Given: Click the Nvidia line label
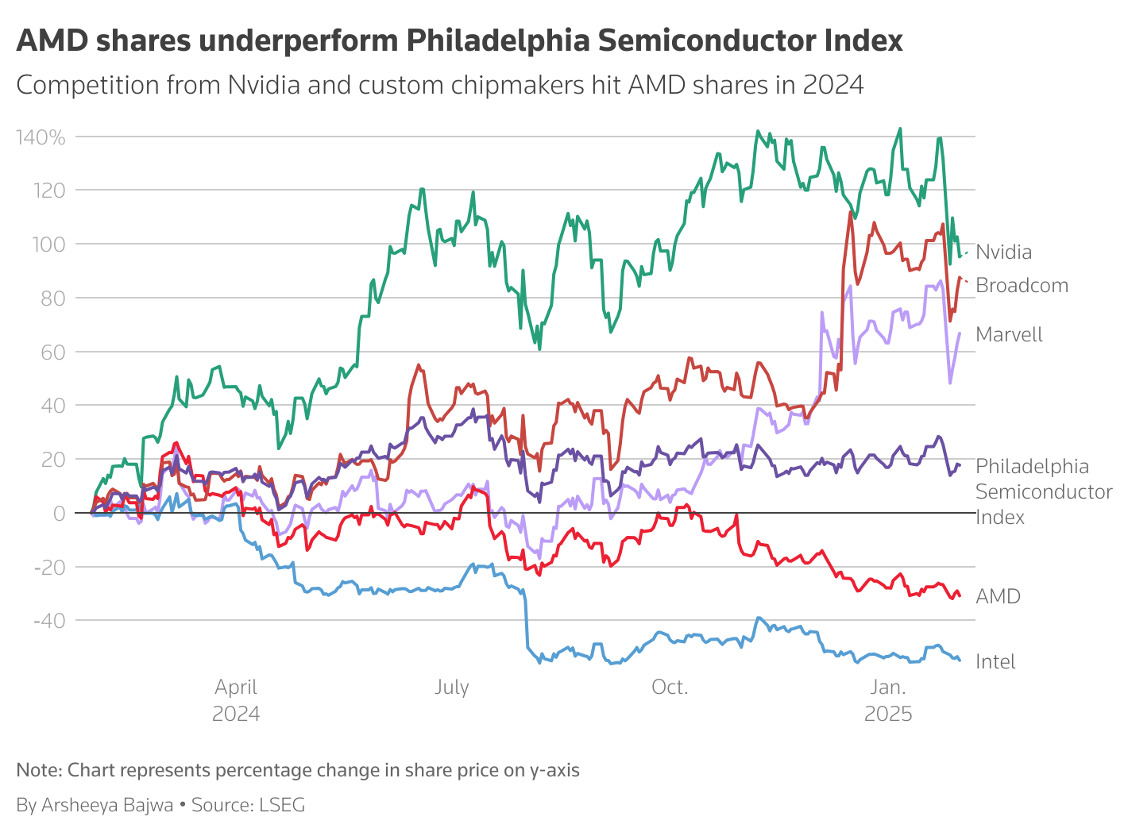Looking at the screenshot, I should (1003, 252).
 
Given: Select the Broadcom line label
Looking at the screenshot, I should (1022, 286).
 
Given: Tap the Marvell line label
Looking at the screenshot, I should (1009, 335).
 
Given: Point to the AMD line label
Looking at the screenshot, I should (998, 597).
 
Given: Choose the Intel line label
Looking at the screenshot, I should (995, 662).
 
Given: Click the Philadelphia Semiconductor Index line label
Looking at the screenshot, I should (1043, 491).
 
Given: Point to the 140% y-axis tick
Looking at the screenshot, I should (41, 137).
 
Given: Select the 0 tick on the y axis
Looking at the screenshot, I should (60, 514).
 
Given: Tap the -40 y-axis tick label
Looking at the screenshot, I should (49, 621).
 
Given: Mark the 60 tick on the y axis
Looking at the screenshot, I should (53, 352).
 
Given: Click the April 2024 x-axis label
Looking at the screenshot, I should (236, 700).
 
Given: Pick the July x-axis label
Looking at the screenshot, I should (451, 688).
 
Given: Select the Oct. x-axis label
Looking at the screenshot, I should (669, 688).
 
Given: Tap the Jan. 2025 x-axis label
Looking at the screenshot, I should (888, 700).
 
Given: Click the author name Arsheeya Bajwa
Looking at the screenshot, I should (107, 805).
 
